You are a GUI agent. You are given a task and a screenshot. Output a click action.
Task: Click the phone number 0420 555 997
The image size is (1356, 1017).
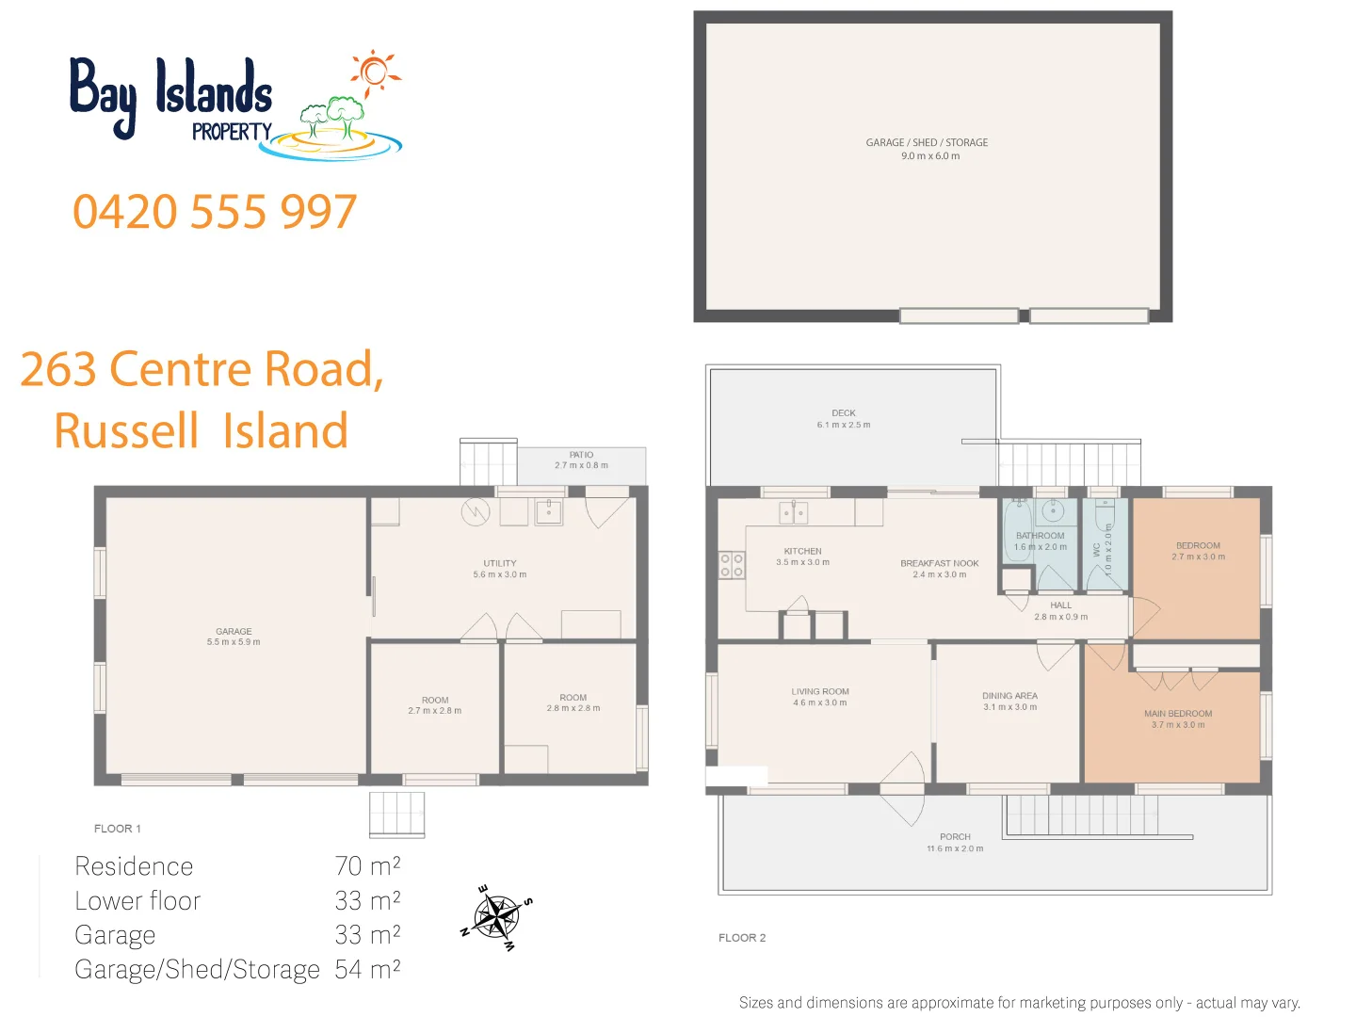(x=215, y=212)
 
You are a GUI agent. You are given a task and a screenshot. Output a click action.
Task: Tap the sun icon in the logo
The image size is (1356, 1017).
(x=375, y=72)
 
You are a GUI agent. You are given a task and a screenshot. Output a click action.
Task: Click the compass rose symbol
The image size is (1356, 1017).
(x=496, y=917)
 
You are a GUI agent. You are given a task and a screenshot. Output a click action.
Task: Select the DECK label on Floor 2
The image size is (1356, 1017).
(x=844, y=413)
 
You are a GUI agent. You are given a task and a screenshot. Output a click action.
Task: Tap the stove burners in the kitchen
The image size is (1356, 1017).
(x=732, y=565)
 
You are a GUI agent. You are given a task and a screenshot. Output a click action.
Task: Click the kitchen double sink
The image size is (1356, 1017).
(x=794, y=513)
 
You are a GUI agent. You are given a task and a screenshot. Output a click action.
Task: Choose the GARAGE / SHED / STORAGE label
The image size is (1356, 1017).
(x=927, y=143)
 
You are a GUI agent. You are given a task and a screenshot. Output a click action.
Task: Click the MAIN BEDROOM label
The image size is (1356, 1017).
(x=1178, y=714)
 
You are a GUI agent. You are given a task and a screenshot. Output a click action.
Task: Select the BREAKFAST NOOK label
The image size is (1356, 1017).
(x=939, y=563)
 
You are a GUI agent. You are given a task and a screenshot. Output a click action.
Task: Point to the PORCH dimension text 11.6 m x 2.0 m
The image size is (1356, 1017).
(x=955, y=848)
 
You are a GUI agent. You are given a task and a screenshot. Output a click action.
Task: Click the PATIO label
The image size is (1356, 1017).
(x=581, y=455)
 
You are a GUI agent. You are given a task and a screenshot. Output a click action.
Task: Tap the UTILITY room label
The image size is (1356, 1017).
(x=500, y=563)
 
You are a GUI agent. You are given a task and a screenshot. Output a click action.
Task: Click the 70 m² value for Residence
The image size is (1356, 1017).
(x=367, y=866)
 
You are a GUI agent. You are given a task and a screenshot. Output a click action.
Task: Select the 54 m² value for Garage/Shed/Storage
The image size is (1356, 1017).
(x=367, y=969)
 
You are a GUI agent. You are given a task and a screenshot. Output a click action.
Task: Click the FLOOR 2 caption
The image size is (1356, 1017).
(x=742, y=938)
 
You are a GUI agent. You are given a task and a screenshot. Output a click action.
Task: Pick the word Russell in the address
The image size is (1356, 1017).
(x=126, y=431)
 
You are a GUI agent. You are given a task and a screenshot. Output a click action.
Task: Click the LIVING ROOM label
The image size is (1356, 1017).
(x=820, y=691)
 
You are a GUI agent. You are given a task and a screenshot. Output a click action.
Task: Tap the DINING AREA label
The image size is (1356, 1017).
(x=1009, y=696)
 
